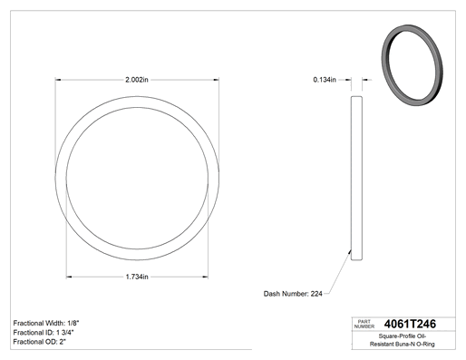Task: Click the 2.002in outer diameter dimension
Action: coord(137,80)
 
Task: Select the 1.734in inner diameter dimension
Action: coord(137,277)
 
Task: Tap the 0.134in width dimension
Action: coord(325,80)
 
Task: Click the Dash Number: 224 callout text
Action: coord(293,294)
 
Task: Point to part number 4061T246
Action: coord(410,324)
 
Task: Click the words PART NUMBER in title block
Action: coord(364,324)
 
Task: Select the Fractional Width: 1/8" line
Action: coord(46,323)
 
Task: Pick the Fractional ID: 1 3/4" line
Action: coord(44,333)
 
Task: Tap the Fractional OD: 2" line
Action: coord(40,342)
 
